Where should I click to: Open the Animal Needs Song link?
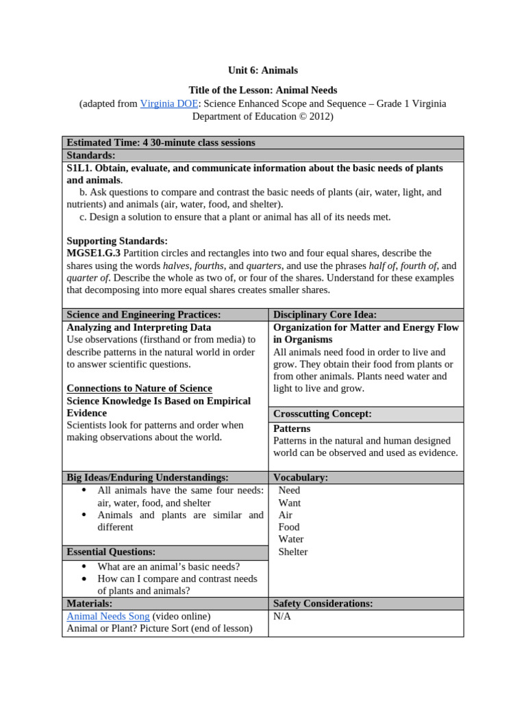coord(108,616)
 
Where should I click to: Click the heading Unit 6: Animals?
coord(263,71)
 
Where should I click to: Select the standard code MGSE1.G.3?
coord(94,253)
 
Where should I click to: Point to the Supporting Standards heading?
coord(117,241)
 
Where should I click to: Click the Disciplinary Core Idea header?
coord(325,314)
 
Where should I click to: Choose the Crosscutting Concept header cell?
coord(322,414)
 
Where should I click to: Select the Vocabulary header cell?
coord(301,477)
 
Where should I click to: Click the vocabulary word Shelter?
coord(293,552)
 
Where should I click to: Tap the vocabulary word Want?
coord(290,502)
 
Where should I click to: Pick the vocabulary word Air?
coord(286,515)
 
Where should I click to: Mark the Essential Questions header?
coord(111,552)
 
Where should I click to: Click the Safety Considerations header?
coord(323,603)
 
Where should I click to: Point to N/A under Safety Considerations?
coord(282,616)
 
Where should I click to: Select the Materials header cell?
coord(90,603)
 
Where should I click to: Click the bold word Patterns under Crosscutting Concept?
coord(292,429)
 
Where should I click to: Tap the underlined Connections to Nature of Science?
coord(139,388)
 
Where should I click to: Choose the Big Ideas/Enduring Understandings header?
coord(147,477)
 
